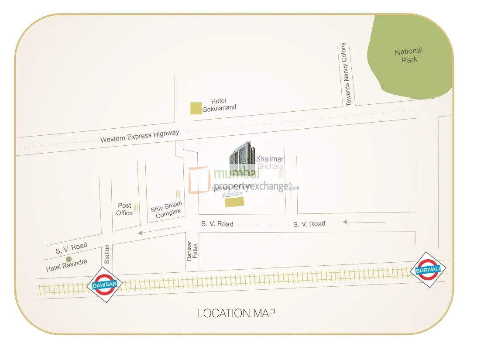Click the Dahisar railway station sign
(105, 285)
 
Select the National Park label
(409, 55)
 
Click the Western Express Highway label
(140, 136)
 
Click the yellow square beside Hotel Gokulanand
(196, 108)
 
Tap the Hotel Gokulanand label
(219, 104)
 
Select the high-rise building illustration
(241, 158)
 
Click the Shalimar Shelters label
(270, 163)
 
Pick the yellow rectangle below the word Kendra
(235, 202)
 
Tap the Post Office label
(124, 209)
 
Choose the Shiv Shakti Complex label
(167, 210)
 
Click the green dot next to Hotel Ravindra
(69, 259)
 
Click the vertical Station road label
(107, 254)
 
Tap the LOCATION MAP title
(236, 313)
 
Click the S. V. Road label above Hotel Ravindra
(71, 248)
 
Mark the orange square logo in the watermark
(199, 180)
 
